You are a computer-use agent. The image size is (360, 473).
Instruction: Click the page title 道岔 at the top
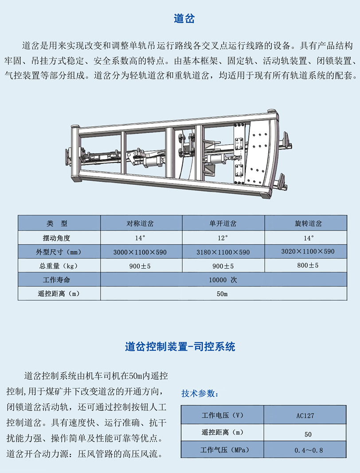pyautogui.click(x=184, y=19)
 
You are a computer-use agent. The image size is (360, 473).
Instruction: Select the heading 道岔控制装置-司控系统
pyautogui.click(x=180, y=347)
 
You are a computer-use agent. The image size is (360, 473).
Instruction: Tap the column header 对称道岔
pyautogui.click(x=140, y=223)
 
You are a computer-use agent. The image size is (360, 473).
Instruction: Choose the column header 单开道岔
pyautogui.click(x=223, y=223)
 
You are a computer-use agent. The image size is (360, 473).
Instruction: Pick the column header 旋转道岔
pyautogui.click(x=309, y=223)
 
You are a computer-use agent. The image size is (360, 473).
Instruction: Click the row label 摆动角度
pyautogui.click(x=56, y=238)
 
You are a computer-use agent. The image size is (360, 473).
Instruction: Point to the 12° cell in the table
pyautogui.click(x=223, y=238)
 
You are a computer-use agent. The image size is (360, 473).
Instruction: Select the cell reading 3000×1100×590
pyautogui.click(x=140, y=252)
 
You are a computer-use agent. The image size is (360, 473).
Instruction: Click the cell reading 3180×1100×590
pyautogui.click(x=223, y=252)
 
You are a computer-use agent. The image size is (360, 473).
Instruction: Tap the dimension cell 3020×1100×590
pyautogui.click(x=308, y=251)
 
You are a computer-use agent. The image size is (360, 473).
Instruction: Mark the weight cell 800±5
pyautogui.click(x=308, y=266)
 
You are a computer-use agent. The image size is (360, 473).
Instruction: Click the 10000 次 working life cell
pyautogui.click(x=223, y=280)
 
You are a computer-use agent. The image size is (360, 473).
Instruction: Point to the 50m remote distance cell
pyautogui.click(x=222, y=294)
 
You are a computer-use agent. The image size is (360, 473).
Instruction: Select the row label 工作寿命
pyautogui.click(x=56, y=280)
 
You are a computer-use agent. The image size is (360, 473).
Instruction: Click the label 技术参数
pyautogui.click(x=200, y=393)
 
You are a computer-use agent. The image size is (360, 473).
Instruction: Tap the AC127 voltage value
pyautogui.click(x=305, y=416)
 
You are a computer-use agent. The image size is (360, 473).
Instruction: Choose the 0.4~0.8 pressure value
pyautogui.click(x=309, y=450)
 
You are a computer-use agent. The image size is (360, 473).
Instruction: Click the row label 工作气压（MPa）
pyautogui.click(x=225, y=450)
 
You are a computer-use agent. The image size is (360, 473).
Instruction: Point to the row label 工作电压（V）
pyautogui.click(x=223, y=415)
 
